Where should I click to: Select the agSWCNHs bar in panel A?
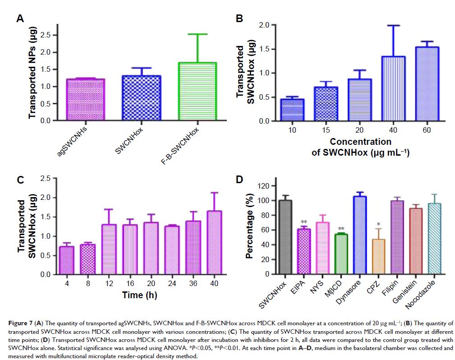[86, 100]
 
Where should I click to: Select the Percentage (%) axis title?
[249, 230]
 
